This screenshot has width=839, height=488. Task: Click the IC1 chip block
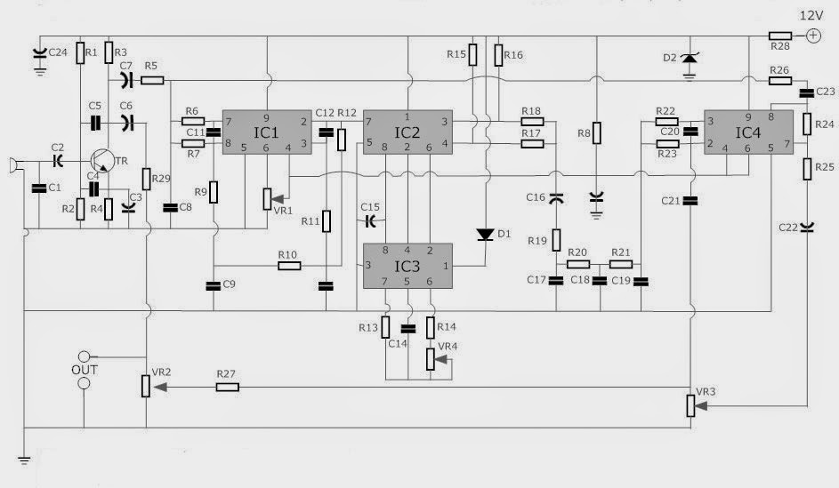click(267, 133)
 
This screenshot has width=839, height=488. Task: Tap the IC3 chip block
click(407, 265)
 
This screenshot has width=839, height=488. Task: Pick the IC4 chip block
click(748, 133)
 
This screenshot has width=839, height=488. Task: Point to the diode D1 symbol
click(486, 235)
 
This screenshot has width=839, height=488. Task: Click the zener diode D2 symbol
click(689, 59)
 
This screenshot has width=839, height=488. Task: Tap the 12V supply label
click(811, 14)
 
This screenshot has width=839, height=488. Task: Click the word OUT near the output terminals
click(85, 369)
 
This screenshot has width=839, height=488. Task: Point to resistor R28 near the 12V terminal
click(780, 36)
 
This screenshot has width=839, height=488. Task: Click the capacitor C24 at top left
click(39, 54)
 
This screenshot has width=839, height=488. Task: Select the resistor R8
click(597, 133)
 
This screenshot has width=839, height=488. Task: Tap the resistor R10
click(287, 266)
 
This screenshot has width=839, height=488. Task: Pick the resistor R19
click(556, 240)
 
